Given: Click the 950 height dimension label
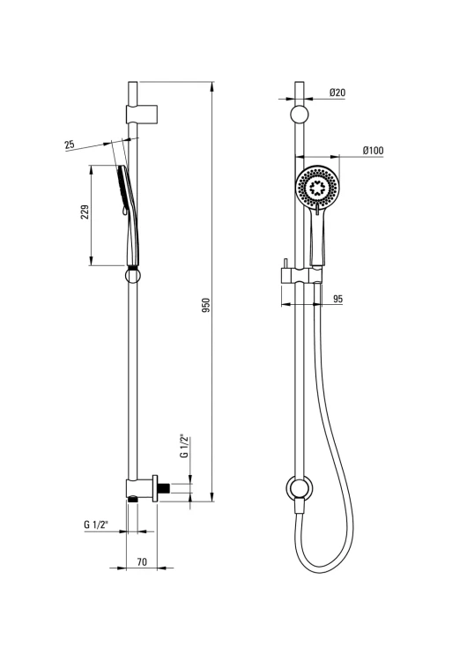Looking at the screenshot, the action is pos(206,306).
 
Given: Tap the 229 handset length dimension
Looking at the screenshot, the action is pos(85,212).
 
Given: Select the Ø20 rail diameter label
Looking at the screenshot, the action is pos(337,92).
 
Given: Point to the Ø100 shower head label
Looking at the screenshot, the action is pos(373,150).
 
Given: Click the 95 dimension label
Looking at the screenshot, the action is pos(337,299).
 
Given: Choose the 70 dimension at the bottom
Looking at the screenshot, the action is pos(142,562).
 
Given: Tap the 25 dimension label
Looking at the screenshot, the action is pos(69,145).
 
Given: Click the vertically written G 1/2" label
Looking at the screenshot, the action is pos(183,446).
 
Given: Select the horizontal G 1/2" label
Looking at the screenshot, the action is pos(96,524).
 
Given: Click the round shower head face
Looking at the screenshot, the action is pos(316,187).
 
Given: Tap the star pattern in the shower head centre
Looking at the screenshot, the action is pos(316,187).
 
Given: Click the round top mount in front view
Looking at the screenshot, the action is pos(299,115).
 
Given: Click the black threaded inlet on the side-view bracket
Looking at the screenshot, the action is pos(164,488).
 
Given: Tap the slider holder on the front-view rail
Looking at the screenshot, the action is pos(301,276).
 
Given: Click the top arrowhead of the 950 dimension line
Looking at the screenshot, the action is pos(213,85).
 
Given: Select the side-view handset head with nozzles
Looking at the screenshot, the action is pos(122,189).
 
